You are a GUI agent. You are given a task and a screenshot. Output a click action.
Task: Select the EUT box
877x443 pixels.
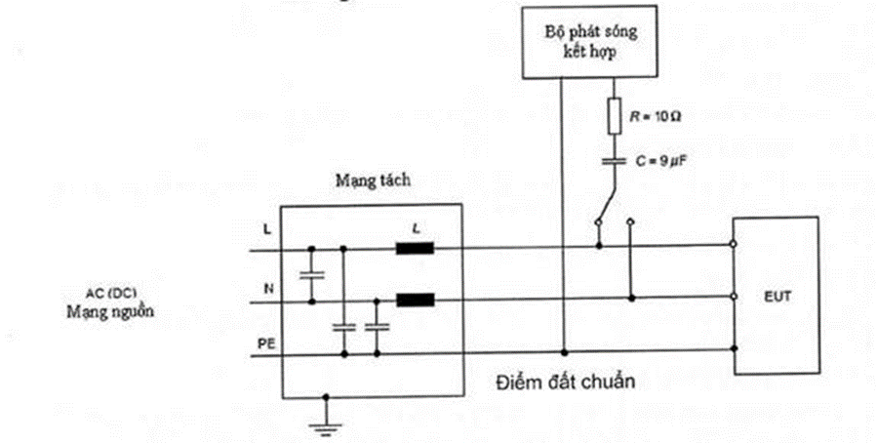click(777, 296)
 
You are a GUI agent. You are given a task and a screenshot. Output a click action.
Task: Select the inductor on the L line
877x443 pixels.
click(414, 247)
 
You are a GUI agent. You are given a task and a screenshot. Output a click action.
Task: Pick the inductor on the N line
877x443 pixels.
click(414, 300)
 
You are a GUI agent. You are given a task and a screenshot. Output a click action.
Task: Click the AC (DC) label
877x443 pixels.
click(109, 295)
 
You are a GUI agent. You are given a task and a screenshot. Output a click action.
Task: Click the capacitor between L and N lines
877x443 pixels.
click(311, 275)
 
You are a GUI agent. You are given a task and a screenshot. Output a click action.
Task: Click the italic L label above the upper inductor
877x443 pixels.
click(417, 226)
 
